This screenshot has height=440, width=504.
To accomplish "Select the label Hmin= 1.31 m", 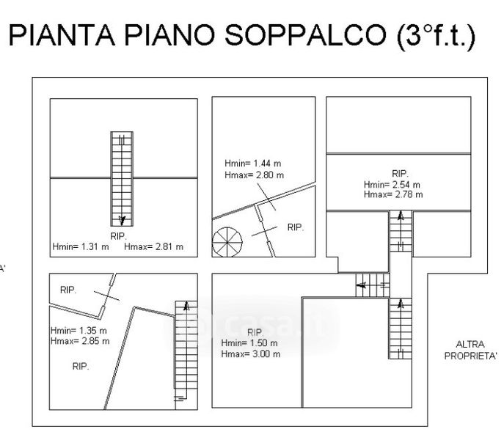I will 81,247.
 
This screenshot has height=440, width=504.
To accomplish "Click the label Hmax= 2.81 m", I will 154,247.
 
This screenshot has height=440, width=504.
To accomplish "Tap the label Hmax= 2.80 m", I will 254,175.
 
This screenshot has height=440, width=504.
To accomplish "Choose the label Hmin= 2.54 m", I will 392,184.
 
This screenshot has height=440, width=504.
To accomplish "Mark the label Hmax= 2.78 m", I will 393,194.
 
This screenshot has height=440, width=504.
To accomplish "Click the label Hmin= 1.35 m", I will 78,331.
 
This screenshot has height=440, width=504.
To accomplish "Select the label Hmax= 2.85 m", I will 80,341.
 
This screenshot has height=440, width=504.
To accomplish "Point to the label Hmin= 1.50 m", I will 249,343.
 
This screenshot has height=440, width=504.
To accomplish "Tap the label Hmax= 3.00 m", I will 251,354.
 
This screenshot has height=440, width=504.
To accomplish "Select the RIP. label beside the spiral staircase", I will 296,227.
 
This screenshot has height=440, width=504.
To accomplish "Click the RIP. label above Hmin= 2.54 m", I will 400,174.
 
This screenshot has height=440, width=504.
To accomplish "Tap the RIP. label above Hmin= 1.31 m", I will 118,236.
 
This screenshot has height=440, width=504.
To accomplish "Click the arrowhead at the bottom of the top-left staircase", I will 123,219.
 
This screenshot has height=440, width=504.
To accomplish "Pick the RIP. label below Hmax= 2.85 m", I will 81,366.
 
